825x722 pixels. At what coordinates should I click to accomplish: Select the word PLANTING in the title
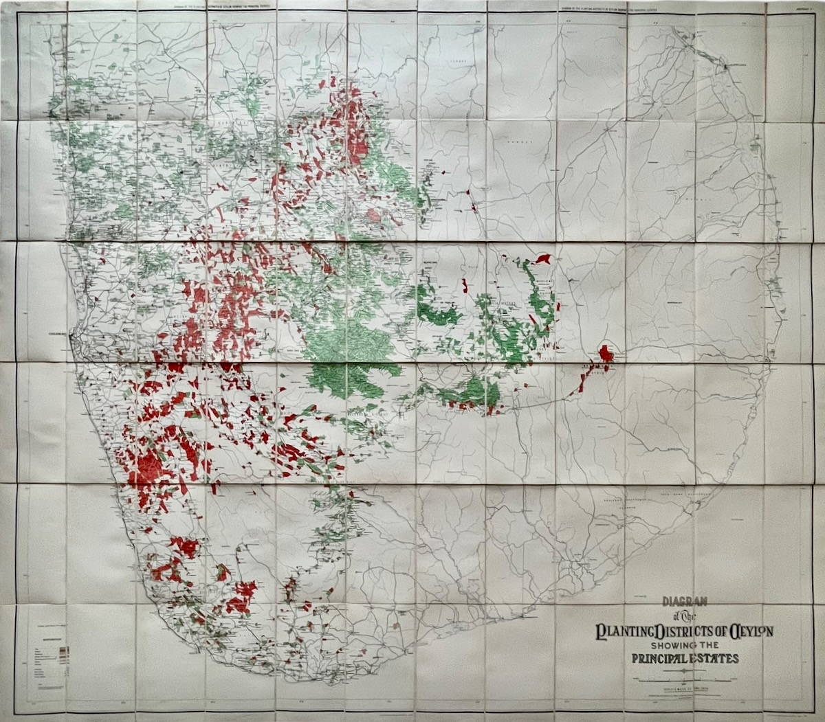pos(625,631)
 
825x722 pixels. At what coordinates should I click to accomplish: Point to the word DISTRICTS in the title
pos(684,631)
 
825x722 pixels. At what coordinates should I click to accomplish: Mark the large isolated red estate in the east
pos(606,354)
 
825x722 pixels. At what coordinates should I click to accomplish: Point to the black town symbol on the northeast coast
pos(725,66)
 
